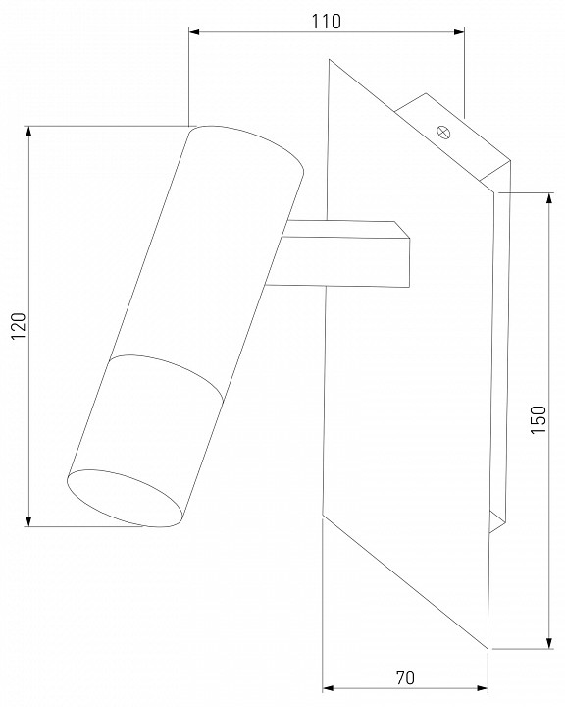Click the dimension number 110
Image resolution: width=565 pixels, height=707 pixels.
click(327, 22)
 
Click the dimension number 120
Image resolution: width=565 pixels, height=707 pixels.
click(19, 326)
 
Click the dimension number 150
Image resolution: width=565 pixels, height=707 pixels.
click(538, 420)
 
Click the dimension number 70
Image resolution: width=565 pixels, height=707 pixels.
click(405, 678)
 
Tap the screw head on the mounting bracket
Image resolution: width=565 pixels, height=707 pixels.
click(443, 133)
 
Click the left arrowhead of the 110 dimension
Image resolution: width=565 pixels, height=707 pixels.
click(194, 32)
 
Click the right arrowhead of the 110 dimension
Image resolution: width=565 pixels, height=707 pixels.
click(459, 32)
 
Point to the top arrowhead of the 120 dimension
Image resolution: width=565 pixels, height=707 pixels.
click(28, 132)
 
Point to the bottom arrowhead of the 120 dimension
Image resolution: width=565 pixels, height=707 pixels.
click(28, 520)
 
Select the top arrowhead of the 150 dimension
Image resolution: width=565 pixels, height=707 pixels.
click(548, 198)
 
